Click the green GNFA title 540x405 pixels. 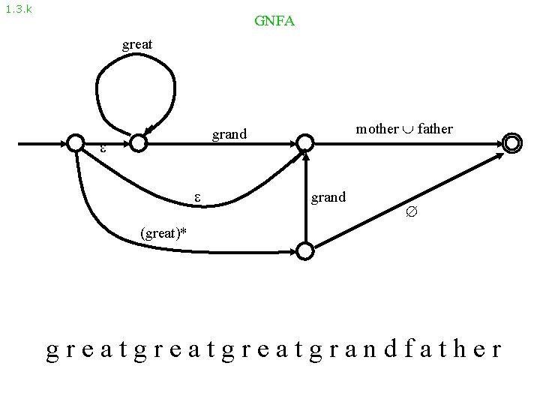[274, 21]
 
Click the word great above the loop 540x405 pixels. [137, 45]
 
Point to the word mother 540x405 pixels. [376, 129]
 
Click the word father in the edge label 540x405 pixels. [435, 129]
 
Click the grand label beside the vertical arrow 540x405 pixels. [328, 197]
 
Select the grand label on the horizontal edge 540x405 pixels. [229, 135]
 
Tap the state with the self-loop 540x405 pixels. [137, 142]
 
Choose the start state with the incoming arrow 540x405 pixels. [75, 142]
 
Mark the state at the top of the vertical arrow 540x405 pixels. [305, 142]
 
